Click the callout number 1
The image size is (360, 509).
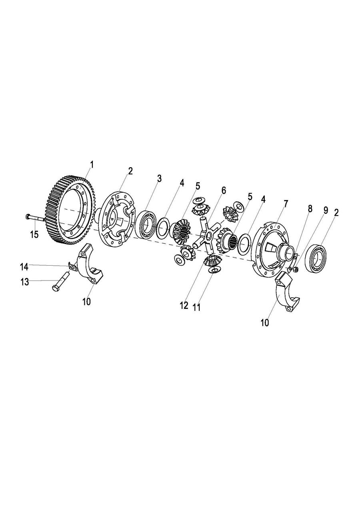point(92,164)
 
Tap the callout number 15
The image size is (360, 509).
point(34,234)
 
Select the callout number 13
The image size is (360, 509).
point(25,282)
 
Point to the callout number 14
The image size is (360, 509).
point(24,267)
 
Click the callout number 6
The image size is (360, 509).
point(224,190)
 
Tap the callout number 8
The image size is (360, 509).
point(310,208)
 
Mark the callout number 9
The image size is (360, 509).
point(325,210)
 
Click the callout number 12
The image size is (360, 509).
point(184,306)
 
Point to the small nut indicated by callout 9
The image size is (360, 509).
point(296,269)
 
